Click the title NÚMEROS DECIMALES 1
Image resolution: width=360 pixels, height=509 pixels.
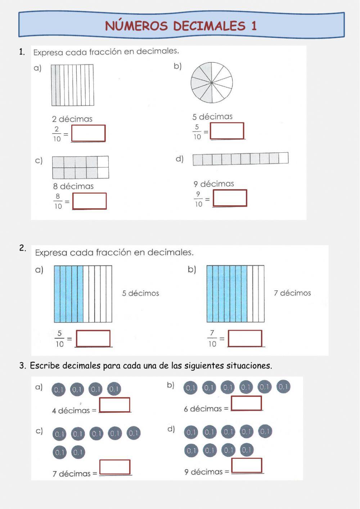tap(181, 26)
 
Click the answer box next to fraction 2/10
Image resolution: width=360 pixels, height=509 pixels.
tap(88, 133)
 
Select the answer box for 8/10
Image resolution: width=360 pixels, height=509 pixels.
tap(89, 201)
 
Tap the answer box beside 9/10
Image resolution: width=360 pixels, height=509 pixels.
tap(230, 198)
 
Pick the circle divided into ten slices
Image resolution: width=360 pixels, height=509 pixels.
tap(212, 83)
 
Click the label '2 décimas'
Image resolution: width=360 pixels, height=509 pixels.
tap(72, 119)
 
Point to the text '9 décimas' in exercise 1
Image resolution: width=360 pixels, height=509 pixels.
tap(214, 184)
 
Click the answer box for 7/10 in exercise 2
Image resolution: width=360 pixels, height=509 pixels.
tap(245, 338)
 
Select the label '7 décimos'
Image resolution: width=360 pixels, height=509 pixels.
tap(292, 293)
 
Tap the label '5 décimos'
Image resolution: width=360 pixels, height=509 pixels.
tap(140, 293)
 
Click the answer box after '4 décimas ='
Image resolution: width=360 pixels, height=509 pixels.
tap(114, 405)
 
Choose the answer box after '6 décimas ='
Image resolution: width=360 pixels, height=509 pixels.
tap(246, 403)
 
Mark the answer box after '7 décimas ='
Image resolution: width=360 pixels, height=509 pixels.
tap(114, 467)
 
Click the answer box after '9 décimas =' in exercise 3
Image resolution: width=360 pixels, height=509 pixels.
tap(247, 465)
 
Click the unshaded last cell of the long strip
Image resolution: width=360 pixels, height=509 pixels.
tap(284, 158)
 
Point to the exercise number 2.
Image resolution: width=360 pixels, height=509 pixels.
tap(23, 248)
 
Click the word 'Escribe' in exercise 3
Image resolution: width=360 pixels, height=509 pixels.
tap(45, 366)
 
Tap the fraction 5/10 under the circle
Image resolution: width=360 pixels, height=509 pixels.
tap(197, 132)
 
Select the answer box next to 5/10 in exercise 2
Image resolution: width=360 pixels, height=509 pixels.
tap(93, 338)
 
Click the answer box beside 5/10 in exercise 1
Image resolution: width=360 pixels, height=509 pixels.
tap(227, 131)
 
